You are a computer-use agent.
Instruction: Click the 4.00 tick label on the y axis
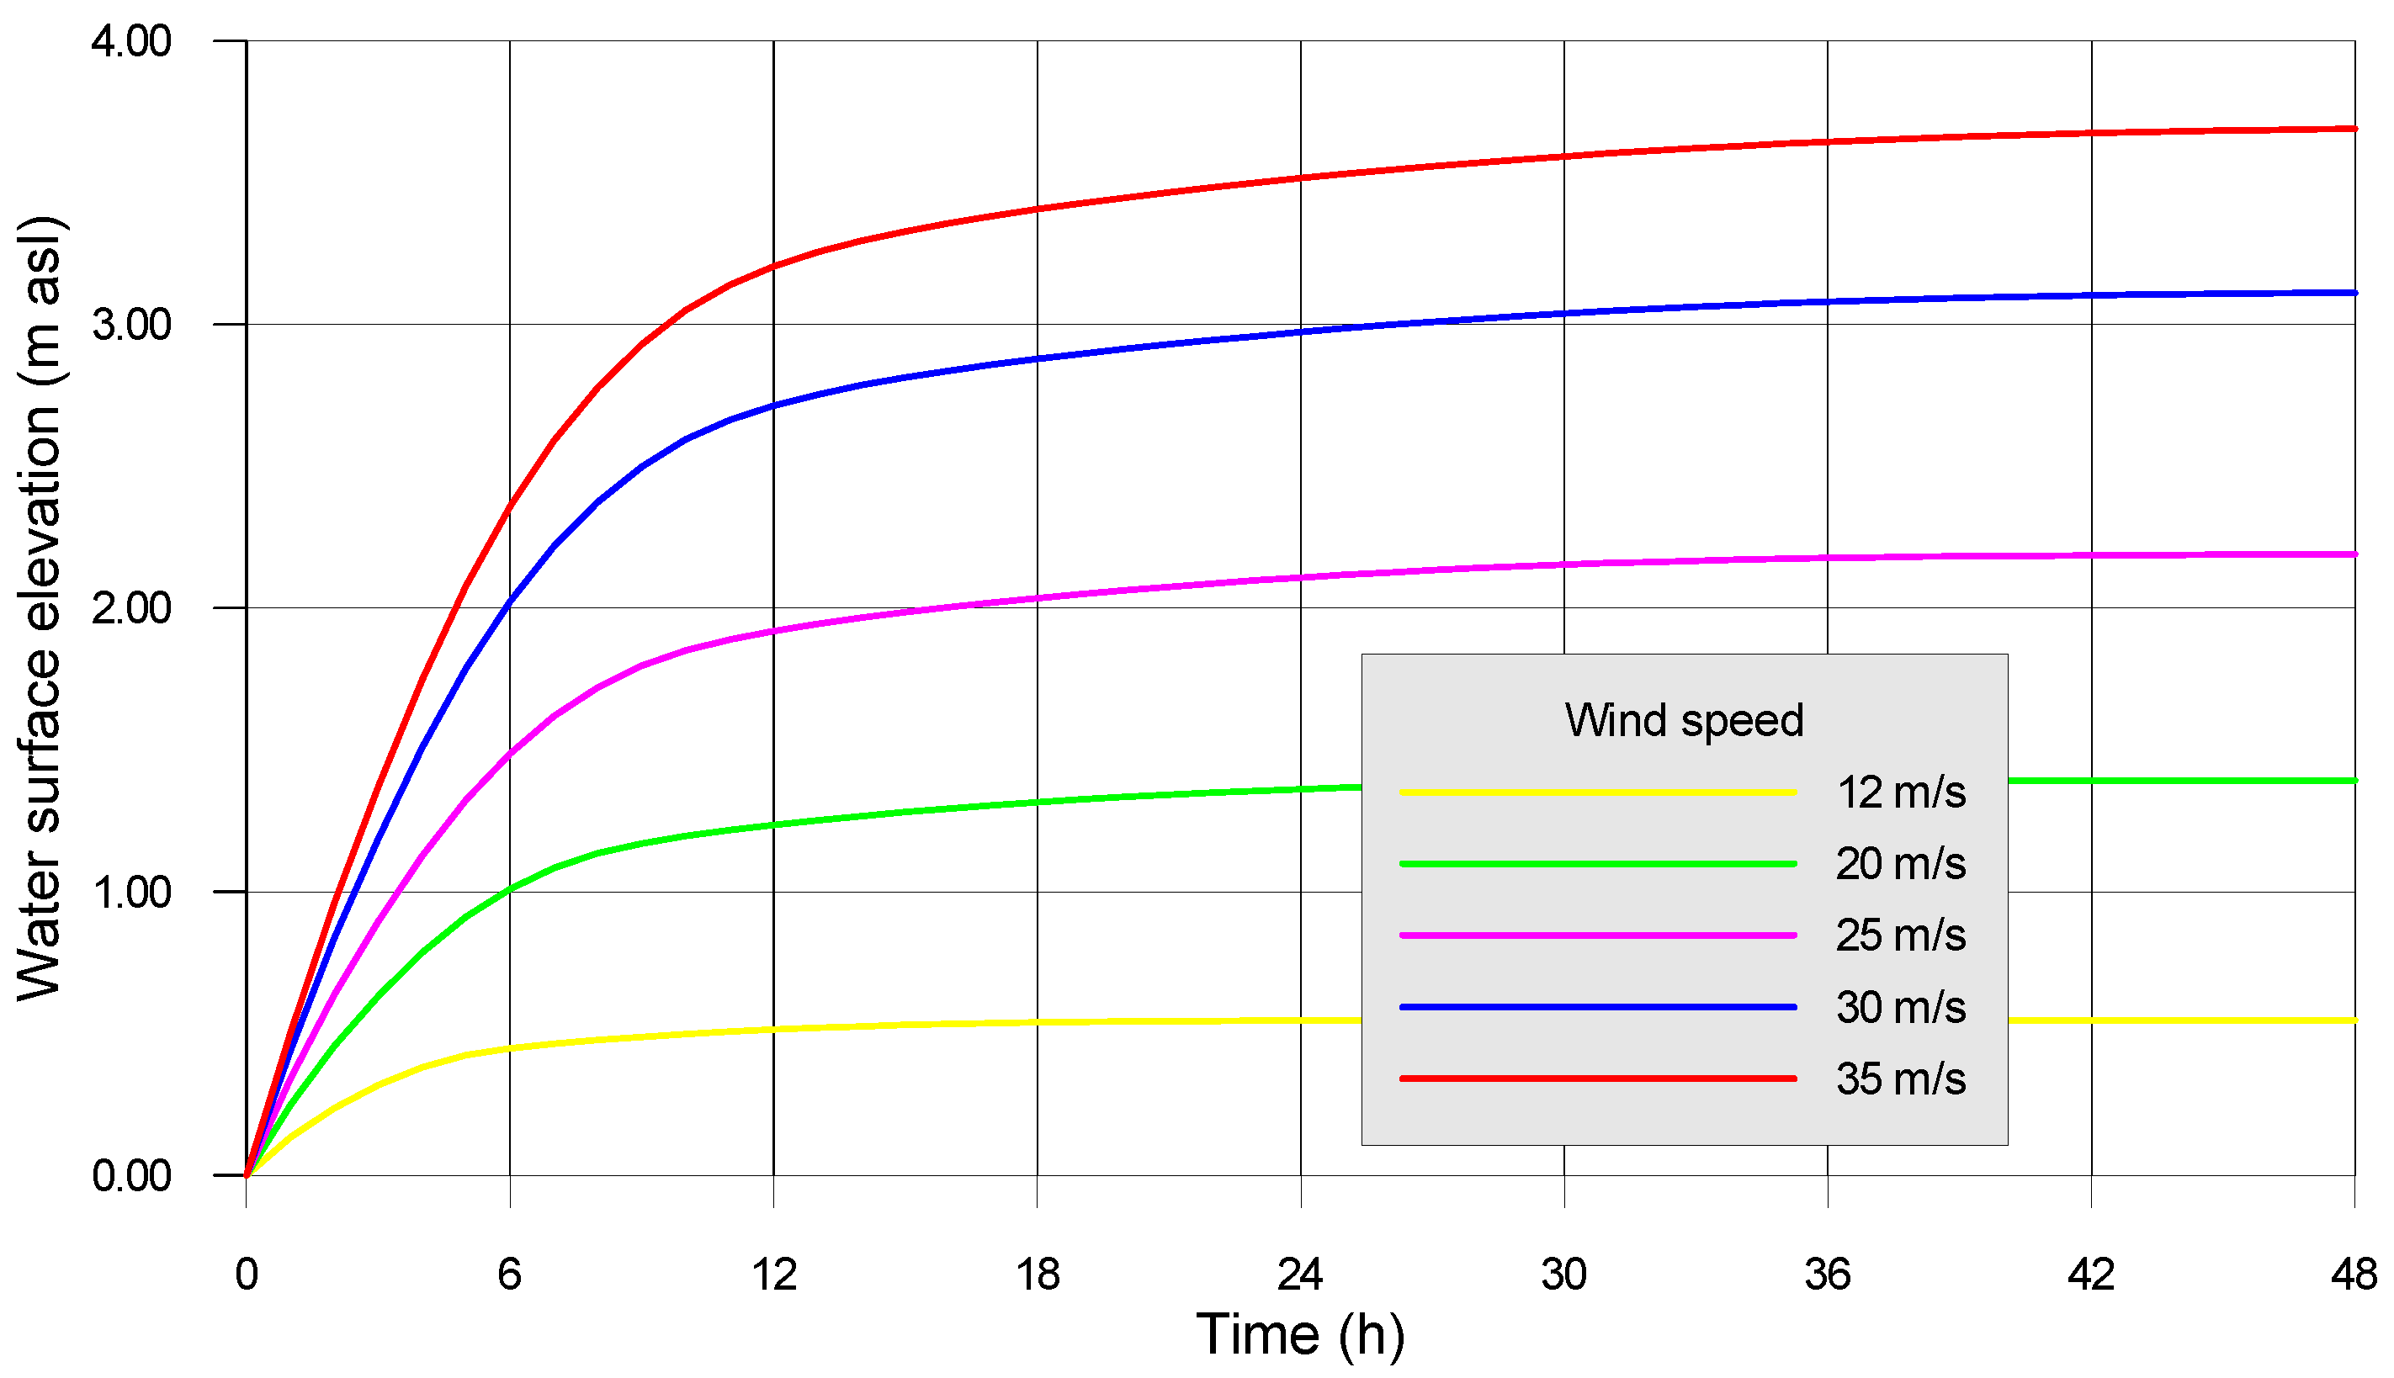click(130, 42)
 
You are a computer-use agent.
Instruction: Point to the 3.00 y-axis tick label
click(130, 325)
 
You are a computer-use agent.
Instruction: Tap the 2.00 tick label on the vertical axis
click(130, 607)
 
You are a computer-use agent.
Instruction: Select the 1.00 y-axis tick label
click(130, 892)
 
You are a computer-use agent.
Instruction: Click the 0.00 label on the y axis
click(130, 1175)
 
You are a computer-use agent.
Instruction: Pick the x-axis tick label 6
click(509, 1275)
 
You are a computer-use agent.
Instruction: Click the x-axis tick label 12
click(773, 1275)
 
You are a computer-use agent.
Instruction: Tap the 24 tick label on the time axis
click(1300, 1275)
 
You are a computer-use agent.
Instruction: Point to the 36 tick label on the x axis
click(1827, 1275)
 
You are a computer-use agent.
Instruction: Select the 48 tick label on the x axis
click(2354, 1275)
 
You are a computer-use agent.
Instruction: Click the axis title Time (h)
click(1300, 1335)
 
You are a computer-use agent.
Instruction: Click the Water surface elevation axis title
click(40, 608)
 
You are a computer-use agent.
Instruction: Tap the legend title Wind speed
click(1684, 720)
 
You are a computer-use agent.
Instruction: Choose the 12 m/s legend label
click(1901, 792)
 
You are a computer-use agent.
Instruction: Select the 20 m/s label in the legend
click(1901, 864)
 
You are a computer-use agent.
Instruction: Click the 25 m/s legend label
click(1901, 935)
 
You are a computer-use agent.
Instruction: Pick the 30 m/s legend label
click(1901, 1007)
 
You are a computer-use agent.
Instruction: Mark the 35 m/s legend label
click(1901, 1079)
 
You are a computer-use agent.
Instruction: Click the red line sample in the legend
click(1598, 1079)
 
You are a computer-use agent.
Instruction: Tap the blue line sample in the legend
click(1598, 1007)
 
